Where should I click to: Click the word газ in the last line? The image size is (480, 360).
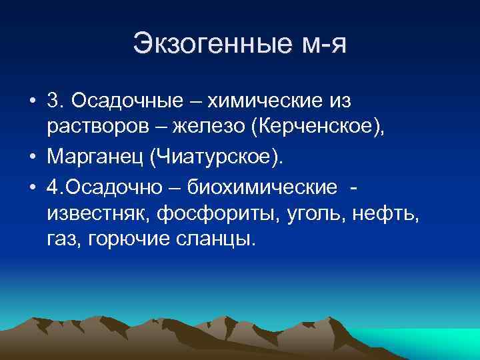pyautogui.click(x=62, y=239)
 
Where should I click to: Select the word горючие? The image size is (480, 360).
pyautogui.click(x=126, y=239)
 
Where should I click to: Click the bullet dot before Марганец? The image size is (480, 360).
pyautogui.click(x=33, y=157)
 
